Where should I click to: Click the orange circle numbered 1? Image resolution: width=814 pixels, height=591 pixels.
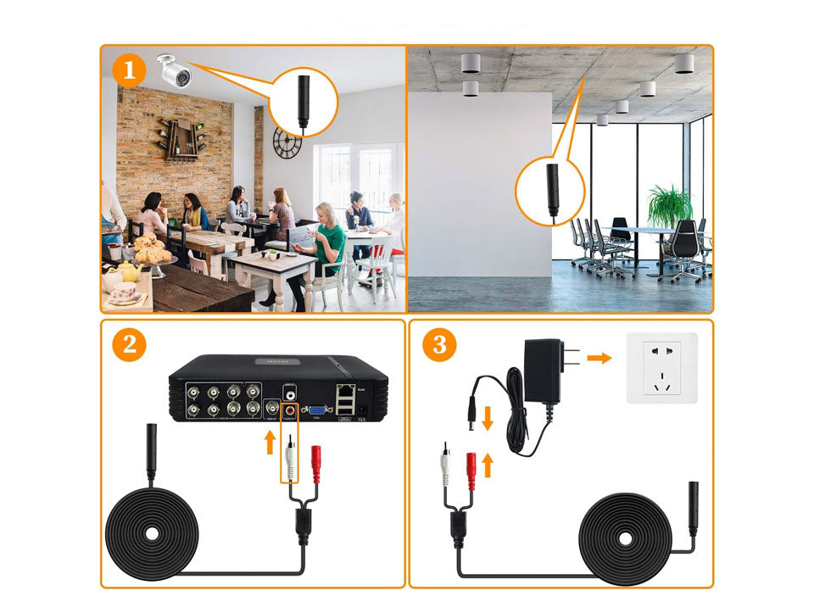pos(129,71)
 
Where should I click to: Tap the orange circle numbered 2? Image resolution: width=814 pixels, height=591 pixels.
pos(129,344)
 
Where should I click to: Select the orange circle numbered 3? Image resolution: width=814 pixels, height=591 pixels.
pos(439,344)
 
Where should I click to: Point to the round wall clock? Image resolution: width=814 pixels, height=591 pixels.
pos(287,142)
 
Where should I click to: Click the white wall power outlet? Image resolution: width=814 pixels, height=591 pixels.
pos(661,367)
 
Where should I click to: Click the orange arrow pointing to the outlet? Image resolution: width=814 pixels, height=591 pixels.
pos(599,358)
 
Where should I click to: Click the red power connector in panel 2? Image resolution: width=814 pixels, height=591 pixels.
pos(319,461)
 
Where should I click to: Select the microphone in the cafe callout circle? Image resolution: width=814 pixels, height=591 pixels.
pos(303,102)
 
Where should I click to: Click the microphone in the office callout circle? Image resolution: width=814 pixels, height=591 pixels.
pos(550,188)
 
